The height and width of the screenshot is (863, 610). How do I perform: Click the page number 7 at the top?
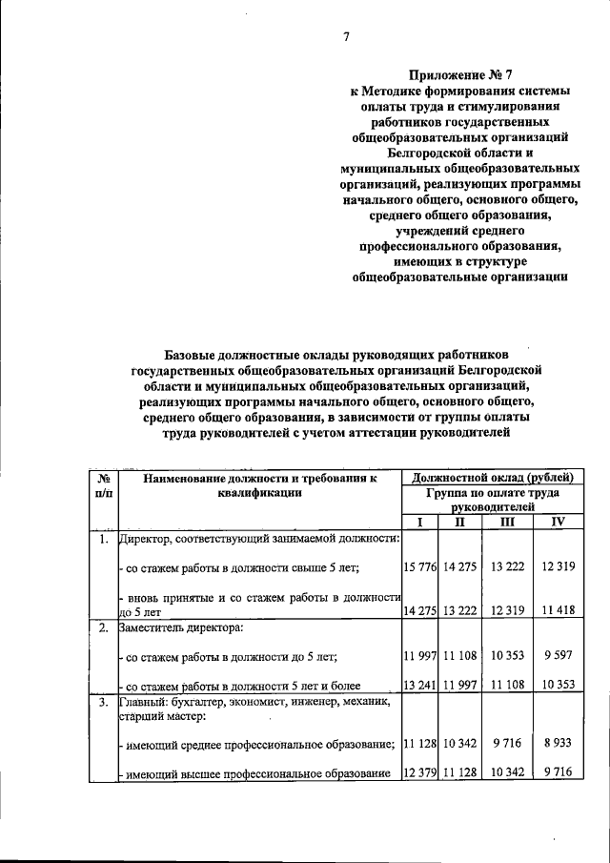(347, 37)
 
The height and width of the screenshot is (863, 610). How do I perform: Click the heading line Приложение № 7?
(460, 73)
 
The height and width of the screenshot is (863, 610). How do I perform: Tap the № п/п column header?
(103, 483)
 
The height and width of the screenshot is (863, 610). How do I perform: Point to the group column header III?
(507, 523)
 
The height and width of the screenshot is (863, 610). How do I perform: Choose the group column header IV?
(559, 523)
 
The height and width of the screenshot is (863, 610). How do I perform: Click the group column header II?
(459, 523)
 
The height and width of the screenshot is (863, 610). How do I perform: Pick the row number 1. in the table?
(103, 541)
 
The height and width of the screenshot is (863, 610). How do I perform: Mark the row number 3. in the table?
(103, 703)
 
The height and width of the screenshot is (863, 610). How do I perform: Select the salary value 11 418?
(559, 610)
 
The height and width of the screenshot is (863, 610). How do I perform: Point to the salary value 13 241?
(419, 685)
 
